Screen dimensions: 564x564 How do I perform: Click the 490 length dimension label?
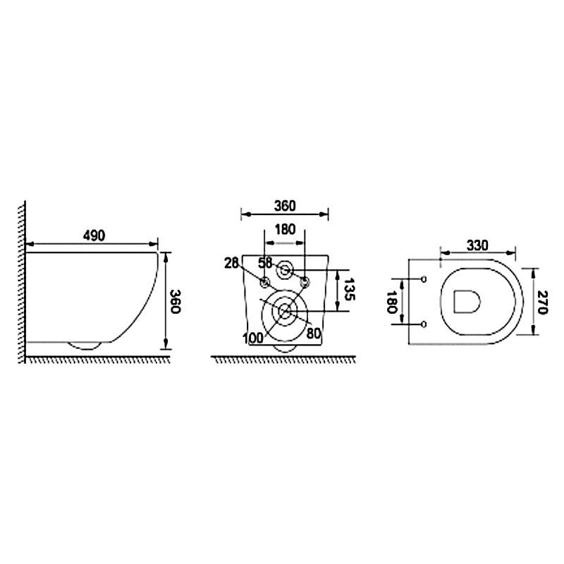(x=94, y=235)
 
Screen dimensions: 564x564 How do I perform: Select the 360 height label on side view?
(x=175, y=302)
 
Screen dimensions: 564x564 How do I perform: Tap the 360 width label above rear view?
(x=285, y=206)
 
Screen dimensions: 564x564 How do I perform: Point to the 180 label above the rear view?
(x=285, y=230)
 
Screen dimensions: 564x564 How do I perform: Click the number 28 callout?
(x=231, y=263)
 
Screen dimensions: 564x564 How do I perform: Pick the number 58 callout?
(x=265, y=263)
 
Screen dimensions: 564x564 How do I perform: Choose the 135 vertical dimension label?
(x=349, y=290)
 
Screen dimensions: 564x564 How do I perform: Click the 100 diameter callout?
(x=253, y=338)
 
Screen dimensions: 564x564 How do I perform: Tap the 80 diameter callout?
(x=314, y=333)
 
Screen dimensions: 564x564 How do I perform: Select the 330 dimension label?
(x=477, y=245)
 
